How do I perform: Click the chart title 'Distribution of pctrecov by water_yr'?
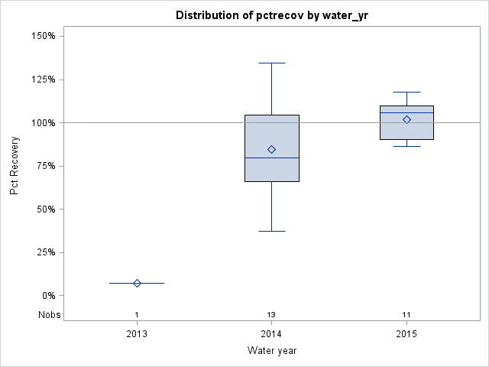271,15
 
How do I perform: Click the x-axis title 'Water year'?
271,350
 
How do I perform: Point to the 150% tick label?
41,36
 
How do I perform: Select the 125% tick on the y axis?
41,80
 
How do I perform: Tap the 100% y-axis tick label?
41,122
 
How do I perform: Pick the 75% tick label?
44,166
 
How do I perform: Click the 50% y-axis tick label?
44,209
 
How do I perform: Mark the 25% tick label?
44,252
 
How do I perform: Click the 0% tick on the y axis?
47,296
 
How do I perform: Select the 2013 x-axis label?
137,334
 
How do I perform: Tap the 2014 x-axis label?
271,334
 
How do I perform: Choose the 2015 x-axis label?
406,334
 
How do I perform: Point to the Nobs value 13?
271,315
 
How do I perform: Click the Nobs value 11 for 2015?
406,315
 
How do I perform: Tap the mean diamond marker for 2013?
137,283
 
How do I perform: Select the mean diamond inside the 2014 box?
271,149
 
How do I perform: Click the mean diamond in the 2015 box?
406,119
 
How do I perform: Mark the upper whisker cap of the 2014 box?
271,63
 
